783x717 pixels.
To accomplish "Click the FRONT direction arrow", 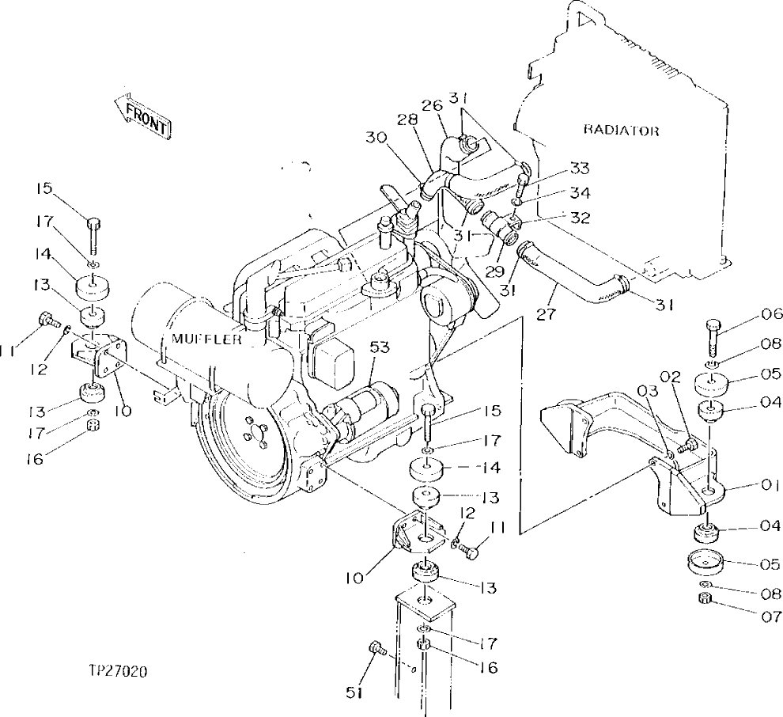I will click(143, 117).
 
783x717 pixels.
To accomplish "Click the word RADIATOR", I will click(621, 131).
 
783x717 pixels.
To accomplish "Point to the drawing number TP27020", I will click(119, 672).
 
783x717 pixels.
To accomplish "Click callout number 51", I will click(354, 692).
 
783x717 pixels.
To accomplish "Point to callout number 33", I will click(579, 168).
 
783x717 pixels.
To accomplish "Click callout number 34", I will click(579, 192).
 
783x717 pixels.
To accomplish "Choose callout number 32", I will click(579, 218).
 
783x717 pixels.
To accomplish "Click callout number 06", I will click(749, 313).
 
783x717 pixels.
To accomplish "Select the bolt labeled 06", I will click(710, 336).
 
